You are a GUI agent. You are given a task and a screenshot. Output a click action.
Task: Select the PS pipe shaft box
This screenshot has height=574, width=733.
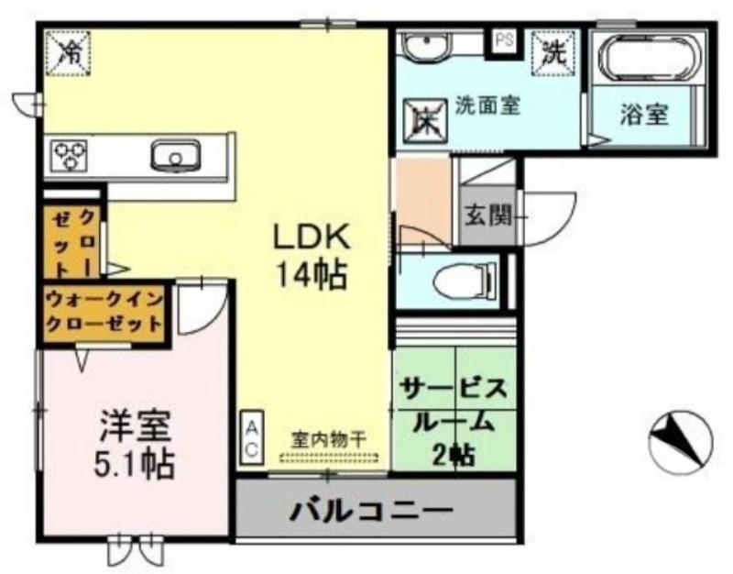[504, 41]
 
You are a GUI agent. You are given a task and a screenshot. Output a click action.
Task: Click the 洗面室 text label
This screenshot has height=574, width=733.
[488, 105]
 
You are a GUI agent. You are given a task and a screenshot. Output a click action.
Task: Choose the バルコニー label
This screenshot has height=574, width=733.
[372, 509]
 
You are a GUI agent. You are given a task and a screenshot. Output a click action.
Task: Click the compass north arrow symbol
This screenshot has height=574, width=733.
[679, 441]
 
